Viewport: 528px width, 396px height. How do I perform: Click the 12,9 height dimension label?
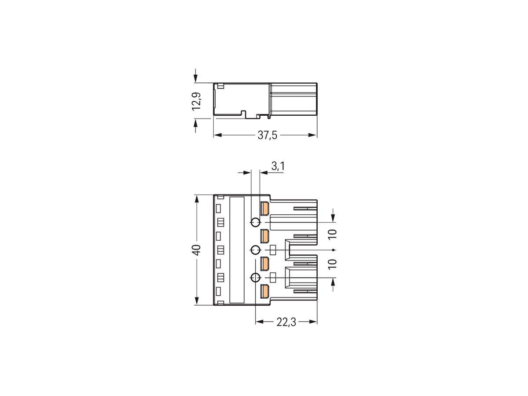click(197, 101)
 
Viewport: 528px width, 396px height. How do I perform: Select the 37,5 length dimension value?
click(267, 136)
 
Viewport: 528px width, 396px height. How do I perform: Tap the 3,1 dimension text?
click(278, 166)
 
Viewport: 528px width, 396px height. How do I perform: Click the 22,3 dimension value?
click(286, 323)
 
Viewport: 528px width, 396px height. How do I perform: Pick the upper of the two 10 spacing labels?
click(332, 234)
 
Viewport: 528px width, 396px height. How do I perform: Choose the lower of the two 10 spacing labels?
click(332, 264)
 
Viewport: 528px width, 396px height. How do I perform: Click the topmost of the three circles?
click(255, 222)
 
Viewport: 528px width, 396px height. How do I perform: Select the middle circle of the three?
click(255, 250)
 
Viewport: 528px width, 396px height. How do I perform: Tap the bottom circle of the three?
click(255, 278)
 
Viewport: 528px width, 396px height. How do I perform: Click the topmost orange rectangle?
click(265, 209)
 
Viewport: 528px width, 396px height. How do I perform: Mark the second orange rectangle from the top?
click(265, 236)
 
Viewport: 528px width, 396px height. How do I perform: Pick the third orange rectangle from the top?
click(265, 264)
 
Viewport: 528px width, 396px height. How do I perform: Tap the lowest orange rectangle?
click(265, 291)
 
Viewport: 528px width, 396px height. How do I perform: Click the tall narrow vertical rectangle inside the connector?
click(237, 250)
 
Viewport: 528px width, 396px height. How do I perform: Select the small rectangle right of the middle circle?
click(273, 250)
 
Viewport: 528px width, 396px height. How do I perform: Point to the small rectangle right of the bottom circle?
click(273, 277)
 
